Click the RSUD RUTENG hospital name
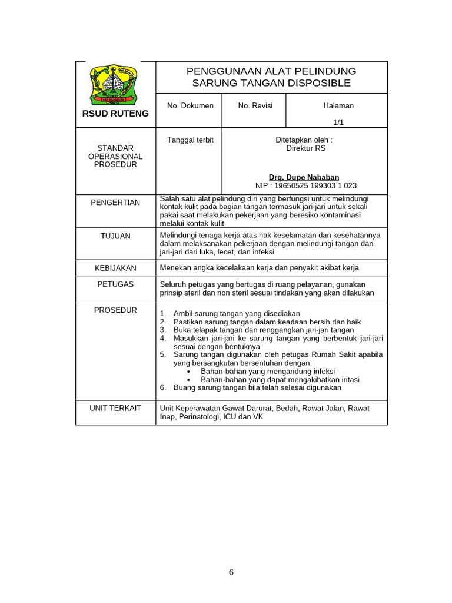(115, 114)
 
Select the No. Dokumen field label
(190, 105)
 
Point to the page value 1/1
(338, 122)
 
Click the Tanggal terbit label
(190, 140)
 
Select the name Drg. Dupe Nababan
(304, 177)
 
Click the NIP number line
(306, 185)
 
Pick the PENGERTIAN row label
(115, 203)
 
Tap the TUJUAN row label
(115, 236)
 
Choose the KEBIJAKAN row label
(115, 268)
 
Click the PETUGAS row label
(115, 284)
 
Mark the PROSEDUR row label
(115, 310)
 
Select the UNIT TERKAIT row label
(115, 408)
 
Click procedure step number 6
(163, 388)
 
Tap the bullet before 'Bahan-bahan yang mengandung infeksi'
(188, 372)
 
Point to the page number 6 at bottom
(231, 572)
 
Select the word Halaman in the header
(338, 105)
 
